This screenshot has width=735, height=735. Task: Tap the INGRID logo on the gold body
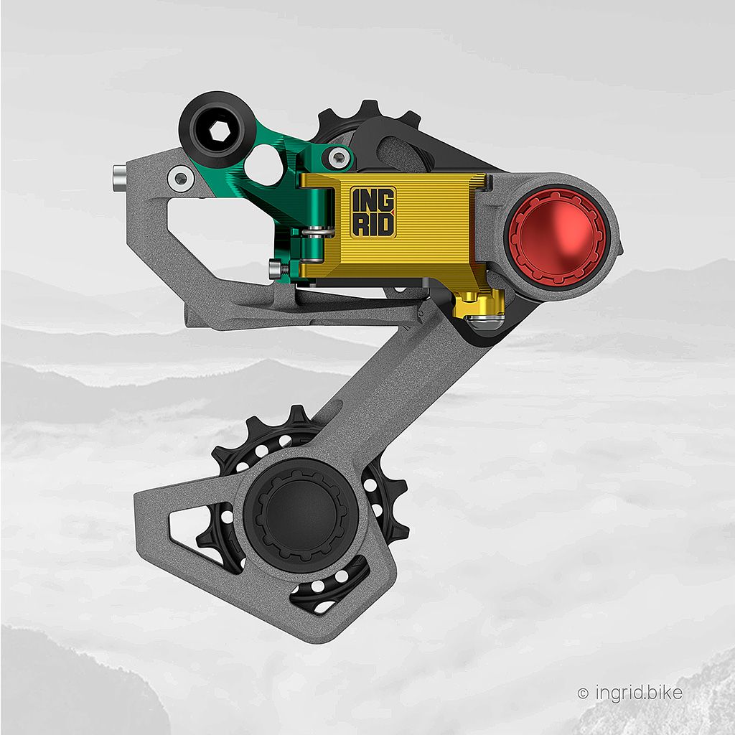[373, 212]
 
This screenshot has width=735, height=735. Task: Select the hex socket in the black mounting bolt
[219, 131]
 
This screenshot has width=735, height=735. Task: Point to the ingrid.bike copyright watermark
[629, 693]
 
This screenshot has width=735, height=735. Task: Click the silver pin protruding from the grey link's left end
[121, 178]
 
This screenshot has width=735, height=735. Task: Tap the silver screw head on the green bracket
[338, 157]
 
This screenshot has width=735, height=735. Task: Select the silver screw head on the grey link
[181, 179]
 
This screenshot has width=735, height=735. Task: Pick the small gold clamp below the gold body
[479, 304]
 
